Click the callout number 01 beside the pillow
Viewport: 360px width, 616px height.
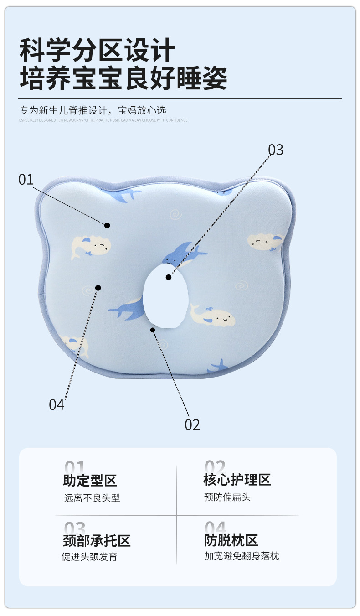26,179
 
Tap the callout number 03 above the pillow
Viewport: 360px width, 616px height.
275,150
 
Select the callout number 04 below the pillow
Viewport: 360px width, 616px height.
57,404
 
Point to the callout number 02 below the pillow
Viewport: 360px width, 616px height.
192,424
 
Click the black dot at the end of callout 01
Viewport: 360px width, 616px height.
107,225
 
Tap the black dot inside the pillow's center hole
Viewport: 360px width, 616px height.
169,277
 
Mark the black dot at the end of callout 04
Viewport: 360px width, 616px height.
98,287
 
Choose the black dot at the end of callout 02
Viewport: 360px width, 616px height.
153,330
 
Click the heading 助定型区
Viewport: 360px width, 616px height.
90,480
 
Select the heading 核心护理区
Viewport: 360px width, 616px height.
237,480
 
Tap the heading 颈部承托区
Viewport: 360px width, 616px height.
97,541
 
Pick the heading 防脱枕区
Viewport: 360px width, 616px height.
231,541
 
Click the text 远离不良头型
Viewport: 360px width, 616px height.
92,498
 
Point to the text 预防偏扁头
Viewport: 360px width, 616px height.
227,497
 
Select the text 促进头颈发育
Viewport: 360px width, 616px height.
89,557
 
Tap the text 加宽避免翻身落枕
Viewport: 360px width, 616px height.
242,556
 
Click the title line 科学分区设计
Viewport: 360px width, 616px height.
98,50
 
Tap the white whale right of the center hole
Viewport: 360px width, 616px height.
213,315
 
